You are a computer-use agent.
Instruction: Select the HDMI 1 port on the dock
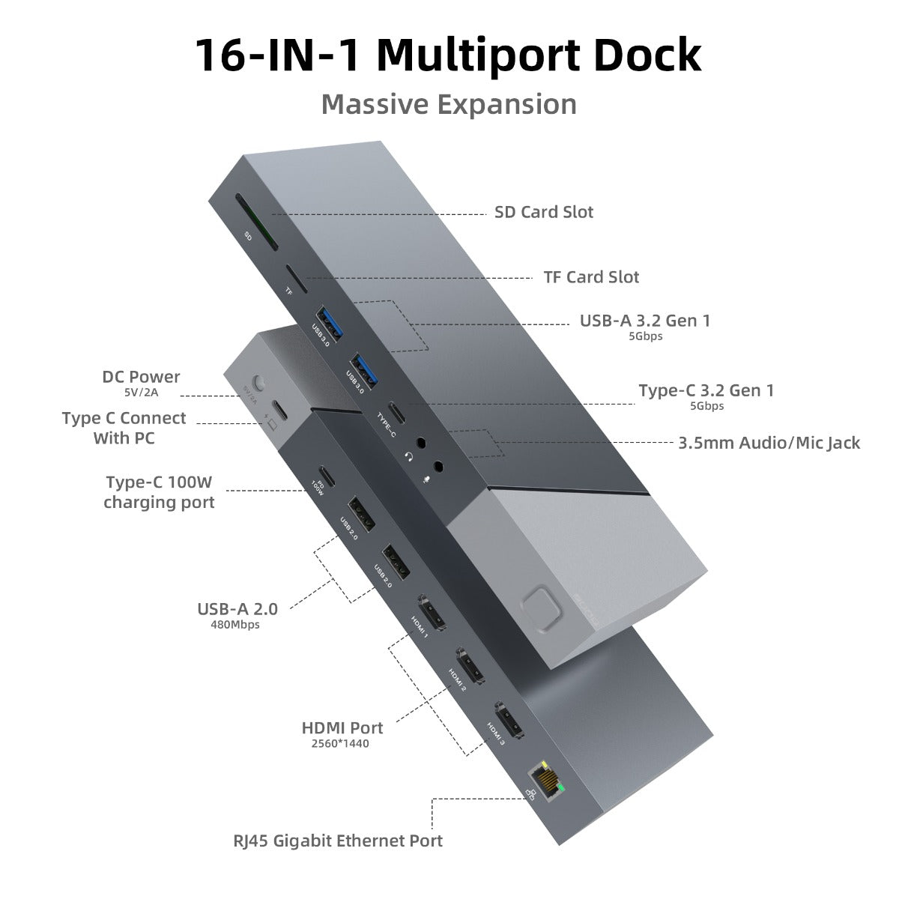pos(430,611)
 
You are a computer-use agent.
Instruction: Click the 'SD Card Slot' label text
pos(544,213)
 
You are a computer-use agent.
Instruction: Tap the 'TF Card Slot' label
pos(591,278)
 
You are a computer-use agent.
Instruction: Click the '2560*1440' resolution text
pos(340,744)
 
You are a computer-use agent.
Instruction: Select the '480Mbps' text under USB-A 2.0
pos(235,624)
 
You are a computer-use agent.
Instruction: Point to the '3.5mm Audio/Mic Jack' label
pos(769,443)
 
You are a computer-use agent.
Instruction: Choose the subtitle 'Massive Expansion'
pos(449,104)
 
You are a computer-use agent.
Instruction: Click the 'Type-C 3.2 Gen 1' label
pos(706,390)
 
